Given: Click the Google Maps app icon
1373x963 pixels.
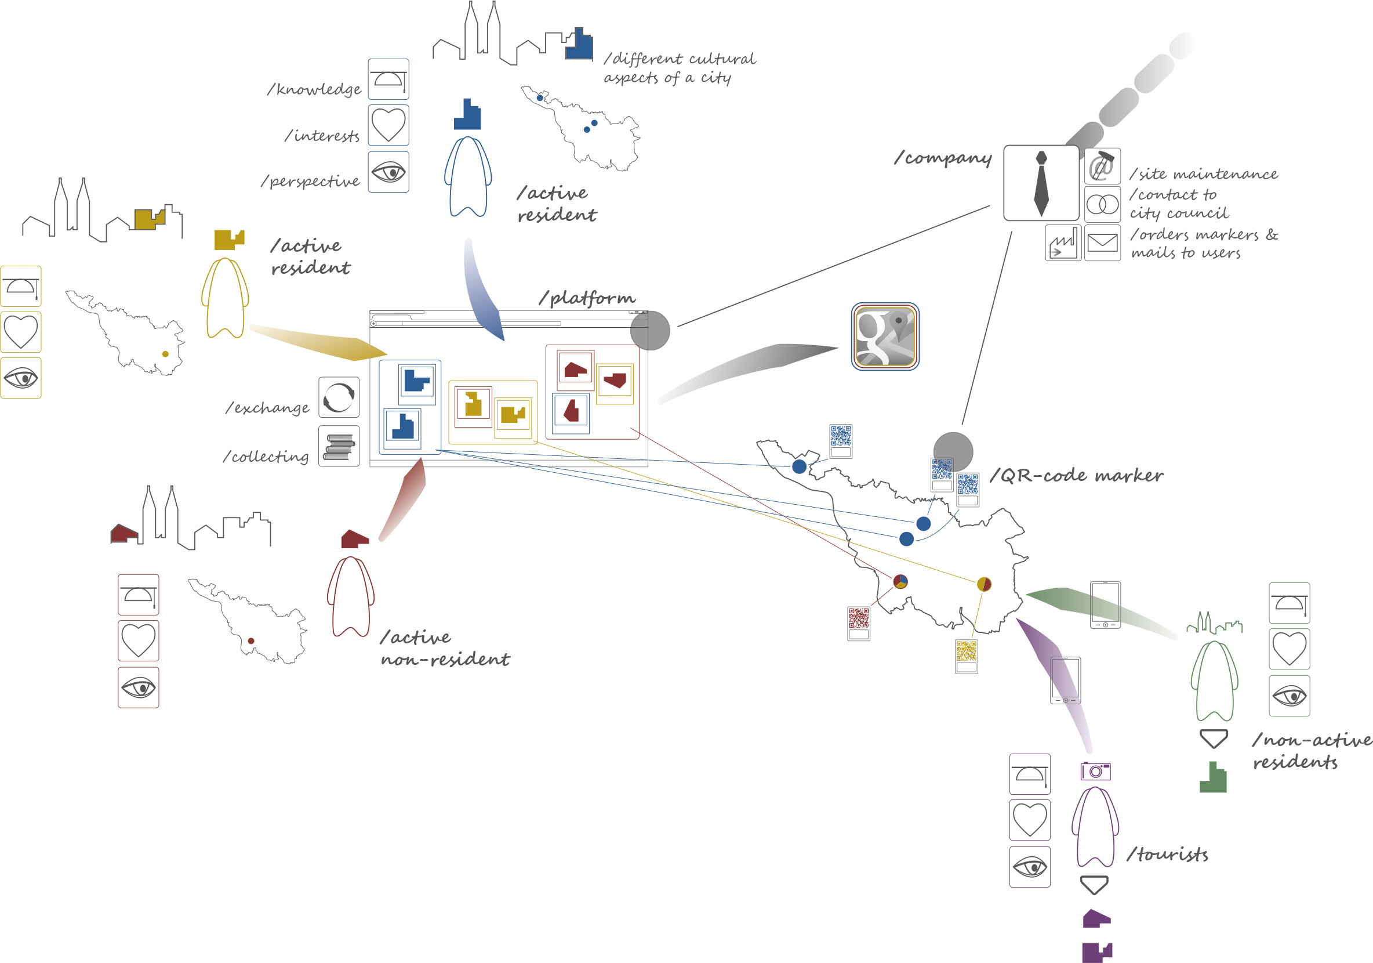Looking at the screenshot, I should point(885,336).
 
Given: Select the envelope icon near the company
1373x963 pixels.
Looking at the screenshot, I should point(1102,243).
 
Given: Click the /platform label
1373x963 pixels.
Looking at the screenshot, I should point(587,298).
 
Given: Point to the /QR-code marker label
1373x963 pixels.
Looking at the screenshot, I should point(1076,476).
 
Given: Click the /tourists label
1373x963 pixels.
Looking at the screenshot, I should point(1167,854).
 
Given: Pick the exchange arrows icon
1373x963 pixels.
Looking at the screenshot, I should point(339,397).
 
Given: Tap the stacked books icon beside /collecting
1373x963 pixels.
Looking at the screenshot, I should point(339,446).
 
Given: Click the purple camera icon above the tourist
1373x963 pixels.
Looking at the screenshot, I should point(1095,771).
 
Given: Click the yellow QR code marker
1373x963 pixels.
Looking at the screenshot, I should point(967,656).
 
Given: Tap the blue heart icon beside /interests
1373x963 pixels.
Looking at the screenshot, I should point(388,125).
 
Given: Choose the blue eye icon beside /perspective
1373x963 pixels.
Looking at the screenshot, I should point(388,172).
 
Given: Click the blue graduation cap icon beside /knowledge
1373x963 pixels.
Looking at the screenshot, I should point(388,79).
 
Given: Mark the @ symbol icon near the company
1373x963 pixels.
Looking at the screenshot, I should point(1102,166).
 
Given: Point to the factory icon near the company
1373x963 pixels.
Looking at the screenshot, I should point(1063,244).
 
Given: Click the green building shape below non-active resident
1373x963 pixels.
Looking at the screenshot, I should point(1213,777).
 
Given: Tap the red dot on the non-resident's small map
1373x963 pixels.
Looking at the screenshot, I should point(251,640).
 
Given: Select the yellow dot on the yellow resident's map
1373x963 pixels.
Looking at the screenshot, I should point(166,354).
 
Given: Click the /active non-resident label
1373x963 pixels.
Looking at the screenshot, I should point(445,648).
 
